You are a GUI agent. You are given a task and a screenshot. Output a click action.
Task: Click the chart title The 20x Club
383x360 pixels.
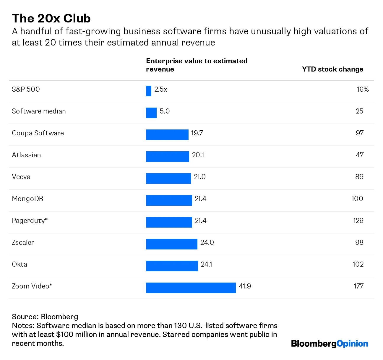(51, 18)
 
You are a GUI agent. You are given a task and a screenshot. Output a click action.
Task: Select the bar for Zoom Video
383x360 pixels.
(191, 288)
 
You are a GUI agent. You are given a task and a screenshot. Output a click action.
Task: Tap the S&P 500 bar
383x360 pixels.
(149, 91)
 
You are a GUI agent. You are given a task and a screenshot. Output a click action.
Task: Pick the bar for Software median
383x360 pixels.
(151, 113)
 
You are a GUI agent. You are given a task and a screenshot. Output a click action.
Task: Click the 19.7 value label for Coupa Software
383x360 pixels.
(197, 133)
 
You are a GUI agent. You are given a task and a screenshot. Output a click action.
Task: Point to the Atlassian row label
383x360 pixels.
(26, 155)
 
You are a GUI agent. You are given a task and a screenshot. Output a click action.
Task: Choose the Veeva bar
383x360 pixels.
(168, 179)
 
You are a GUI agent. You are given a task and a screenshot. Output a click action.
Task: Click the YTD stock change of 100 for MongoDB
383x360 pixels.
(357, 199)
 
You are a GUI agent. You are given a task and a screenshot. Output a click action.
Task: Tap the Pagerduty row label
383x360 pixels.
(30, 220)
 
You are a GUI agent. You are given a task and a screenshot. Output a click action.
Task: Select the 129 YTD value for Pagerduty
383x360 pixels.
(358, 220)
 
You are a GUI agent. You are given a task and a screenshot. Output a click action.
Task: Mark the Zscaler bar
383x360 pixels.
(172, 244)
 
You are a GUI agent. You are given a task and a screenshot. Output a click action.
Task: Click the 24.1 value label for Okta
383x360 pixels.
(206, 264)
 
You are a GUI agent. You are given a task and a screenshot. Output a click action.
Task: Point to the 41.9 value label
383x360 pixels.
(245, 286)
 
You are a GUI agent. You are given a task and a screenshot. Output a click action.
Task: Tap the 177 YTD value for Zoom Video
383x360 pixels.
(358, 286)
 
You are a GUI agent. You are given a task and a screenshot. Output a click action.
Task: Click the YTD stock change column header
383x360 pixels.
(332, 69)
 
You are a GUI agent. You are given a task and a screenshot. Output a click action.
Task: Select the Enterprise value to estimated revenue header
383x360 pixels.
(197, 65)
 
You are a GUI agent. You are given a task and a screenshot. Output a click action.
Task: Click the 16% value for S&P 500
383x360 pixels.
(363, 89)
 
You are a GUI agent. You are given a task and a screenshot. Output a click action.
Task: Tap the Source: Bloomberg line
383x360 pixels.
(45, 317)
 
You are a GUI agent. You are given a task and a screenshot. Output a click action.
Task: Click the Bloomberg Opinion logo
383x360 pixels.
(330, 344)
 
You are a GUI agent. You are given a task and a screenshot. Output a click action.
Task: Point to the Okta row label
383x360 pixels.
(20, 264)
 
